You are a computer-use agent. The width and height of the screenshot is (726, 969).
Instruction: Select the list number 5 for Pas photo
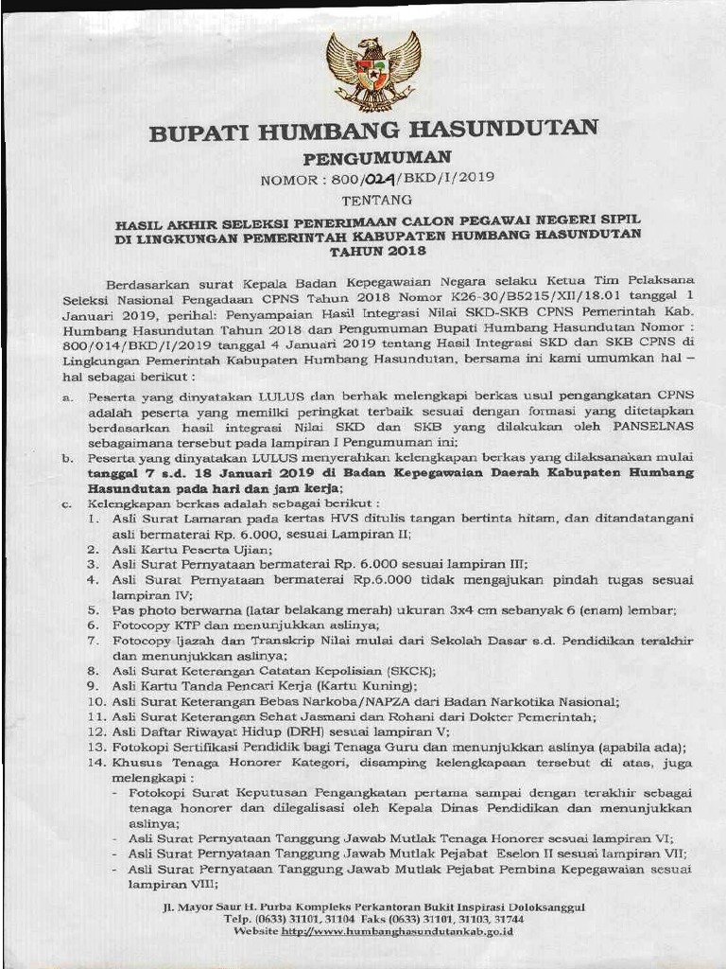94,610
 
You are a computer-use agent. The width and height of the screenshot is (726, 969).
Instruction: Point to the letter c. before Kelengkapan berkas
68,503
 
